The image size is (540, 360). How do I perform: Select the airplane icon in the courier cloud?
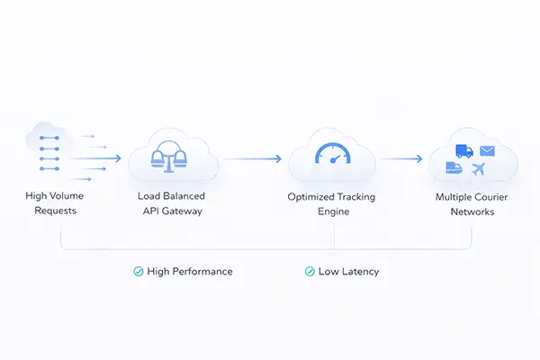tap(478, 169)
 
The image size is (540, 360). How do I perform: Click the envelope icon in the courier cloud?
tap(487, 150)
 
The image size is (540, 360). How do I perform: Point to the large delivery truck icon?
tap(463, 151)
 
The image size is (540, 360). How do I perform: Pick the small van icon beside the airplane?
tap(455, 168)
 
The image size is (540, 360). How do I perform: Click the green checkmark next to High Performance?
tap(139, 271)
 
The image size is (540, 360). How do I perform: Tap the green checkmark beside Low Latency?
tap(310, 271)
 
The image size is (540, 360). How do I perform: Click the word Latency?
tap(359, 271)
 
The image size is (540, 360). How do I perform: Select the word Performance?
tap(202, 271)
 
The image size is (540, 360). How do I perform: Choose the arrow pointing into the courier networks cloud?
tap(401, 158)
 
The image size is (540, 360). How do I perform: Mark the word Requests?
tap(56, 211)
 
